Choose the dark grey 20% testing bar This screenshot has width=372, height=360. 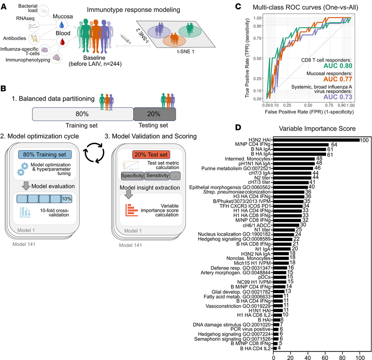pos(154,114)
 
